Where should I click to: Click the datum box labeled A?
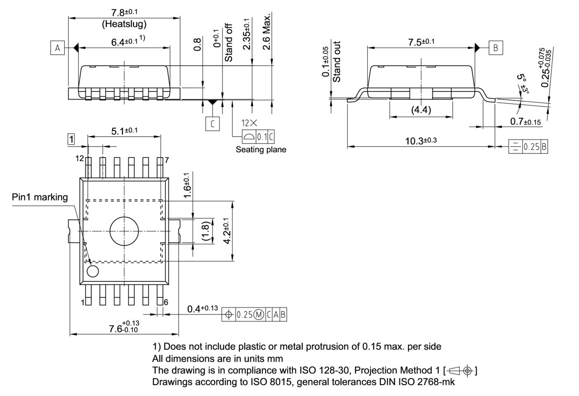pos(57,48)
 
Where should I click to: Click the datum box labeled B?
pos(496,48)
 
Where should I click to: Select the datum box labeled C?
pos(213,124)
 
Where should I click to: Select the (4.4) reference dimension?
pos(421,110)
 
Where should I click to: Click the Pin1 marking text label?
pos(40,197)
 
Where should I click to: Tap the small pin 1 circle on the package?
pos(93,272)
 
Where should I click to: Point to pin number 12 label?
pos(80,158)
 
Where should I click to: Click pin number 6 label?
pos(166,302)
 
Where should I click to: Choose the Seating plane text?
pos(261,149)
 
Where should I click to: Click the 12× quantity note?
pos(249,123)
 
